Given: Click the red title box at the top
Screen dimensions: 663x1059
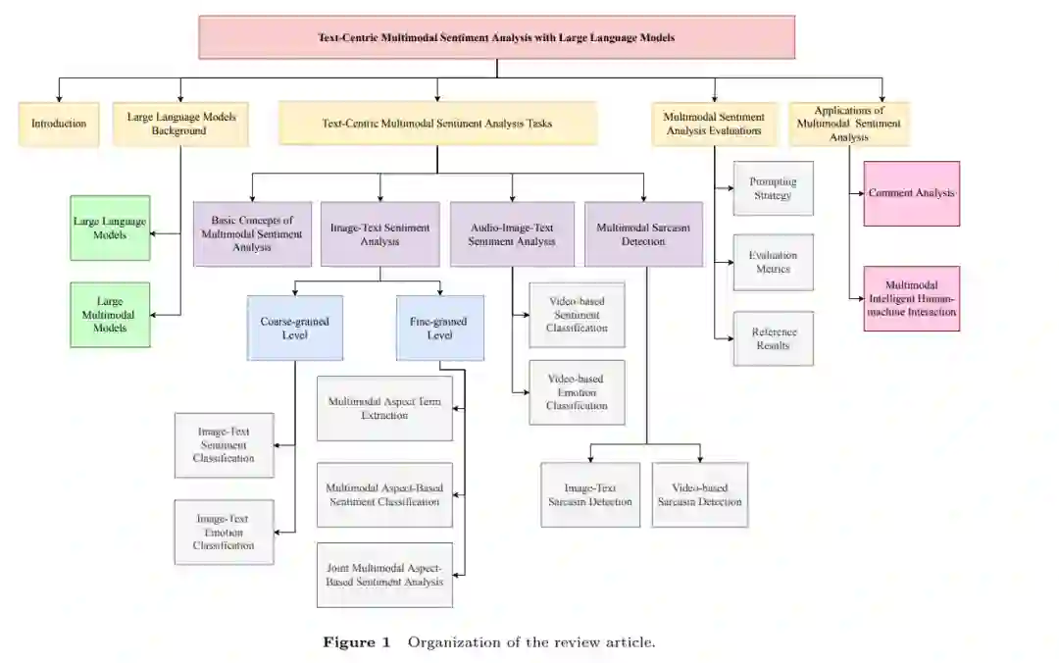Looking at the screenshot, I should tap(496, 37).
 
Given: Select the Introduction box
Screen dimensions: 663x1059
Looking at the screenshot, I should tap(59, 125).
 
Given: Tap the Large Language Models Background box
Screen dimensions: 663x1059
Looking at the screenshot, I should tap(179, 125).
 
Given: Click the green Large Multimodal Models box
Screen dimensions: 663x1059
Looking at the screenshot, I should tap(110, 315).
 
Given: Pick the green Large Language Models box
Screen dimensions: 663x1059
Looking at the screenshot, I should tap(110, 228).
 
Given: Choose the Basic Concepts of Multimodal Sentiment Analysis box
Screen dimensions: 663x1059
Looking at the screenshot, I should tap(253, 234).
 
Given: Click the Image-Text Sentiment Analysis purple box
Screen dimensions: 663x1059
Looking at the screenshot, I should tap(380, 234).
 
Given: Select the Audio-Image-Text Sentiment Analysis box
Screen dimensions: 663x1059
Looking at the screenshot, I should tap(512, 234).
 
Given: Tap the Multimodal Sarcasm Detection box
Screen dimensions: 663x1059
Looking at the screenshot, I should tap(643, 234).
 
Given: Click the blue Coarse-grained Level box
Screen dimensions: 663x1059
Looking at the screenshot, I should tap(295, 328).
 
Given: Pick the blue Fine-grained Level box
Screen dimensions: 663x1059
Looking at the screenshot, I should tap(440, 328).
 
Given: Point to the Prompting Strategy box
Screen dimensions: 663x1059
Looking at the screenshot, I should tap(773, 188).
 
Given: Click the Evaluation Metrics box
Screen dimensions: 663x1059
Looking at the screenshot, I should tap(773, 262).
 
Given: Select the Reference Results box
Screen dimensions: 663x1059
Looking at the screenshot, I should tap(773, 338).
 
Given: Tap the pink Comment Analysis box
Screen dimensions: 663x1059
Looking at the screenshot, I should tap(911, 193).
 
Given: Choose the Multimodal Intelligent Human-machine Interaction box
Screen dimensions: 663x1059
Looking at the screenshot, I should tap(911, 298).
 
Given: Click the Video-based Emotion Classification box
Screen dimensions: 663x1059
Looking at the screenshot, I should tap(577, 392).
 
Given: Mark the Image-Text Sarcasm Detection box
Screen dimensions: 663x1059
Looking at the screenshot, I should tap(590, 495).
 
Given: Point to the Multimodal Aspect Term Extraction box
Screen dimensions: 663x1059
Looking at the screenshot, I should tap(384, 408).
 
